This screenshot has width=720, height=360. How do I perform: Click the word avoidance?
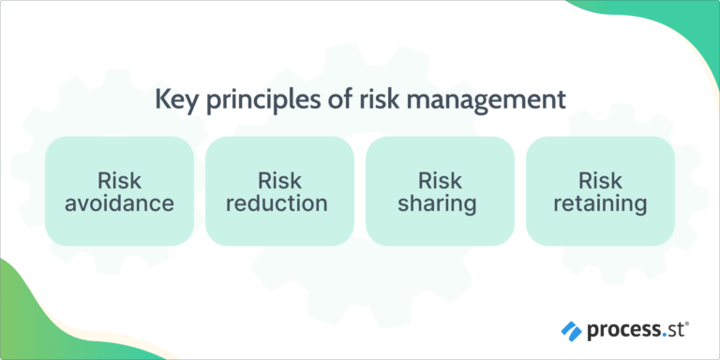click(x=120, y=202)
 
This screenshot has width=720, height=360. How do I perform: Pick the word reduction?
click(x=280, y=202)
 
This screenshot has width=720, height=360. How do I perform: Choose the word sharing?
click(x=440, y=202)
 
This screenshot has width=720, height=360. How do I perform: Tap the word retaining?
click(x=600, y=202)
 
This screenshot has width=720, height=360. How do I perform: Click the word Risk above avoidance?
click(x=120, y=179)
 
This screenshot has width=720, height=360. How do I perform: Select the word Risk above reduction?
click(x=280, y=179)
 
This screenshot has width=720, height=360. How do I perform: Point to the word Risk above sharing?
click(x=440, y=179)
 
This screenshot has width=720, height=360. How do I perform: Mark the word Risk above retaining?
click(x=600, y=179)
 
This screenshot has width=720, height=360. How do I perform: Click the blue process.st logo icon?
click(x=571, y=330)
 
